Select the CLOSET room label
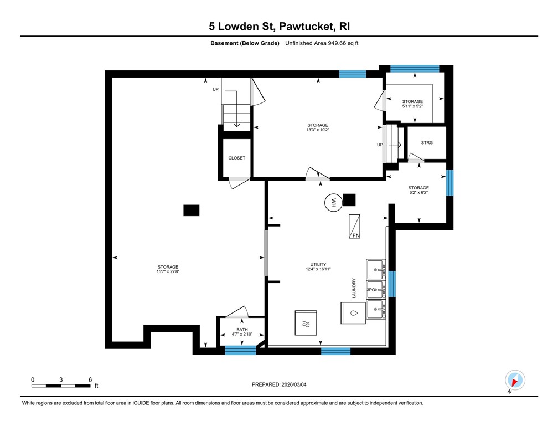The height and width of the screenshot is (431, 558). pos(236,158)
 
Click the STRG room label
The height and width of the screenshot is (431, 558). pos(426,143)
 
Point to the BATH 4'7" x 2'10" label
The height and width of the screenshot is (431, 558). pos(242,332)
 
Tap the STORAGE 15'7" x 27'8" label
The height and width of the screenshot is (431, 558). pos(168,269)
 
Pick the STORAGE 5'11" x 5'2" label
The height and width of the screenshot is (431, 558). pos(412,104)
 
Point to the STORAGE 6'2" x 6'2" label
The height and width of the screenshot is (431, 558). pos(418,191)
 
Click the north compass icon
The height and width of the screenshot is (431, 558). pos(514,380)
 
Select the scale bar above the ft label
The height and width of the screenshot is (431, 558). pos(61,384)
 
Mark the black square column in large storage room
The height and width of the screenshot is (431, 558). pos(192,211)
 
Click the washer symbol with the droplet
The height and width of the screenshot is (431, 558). pos(353,312)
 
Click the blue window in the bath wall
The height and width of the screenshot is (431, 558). pos(241,350)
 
